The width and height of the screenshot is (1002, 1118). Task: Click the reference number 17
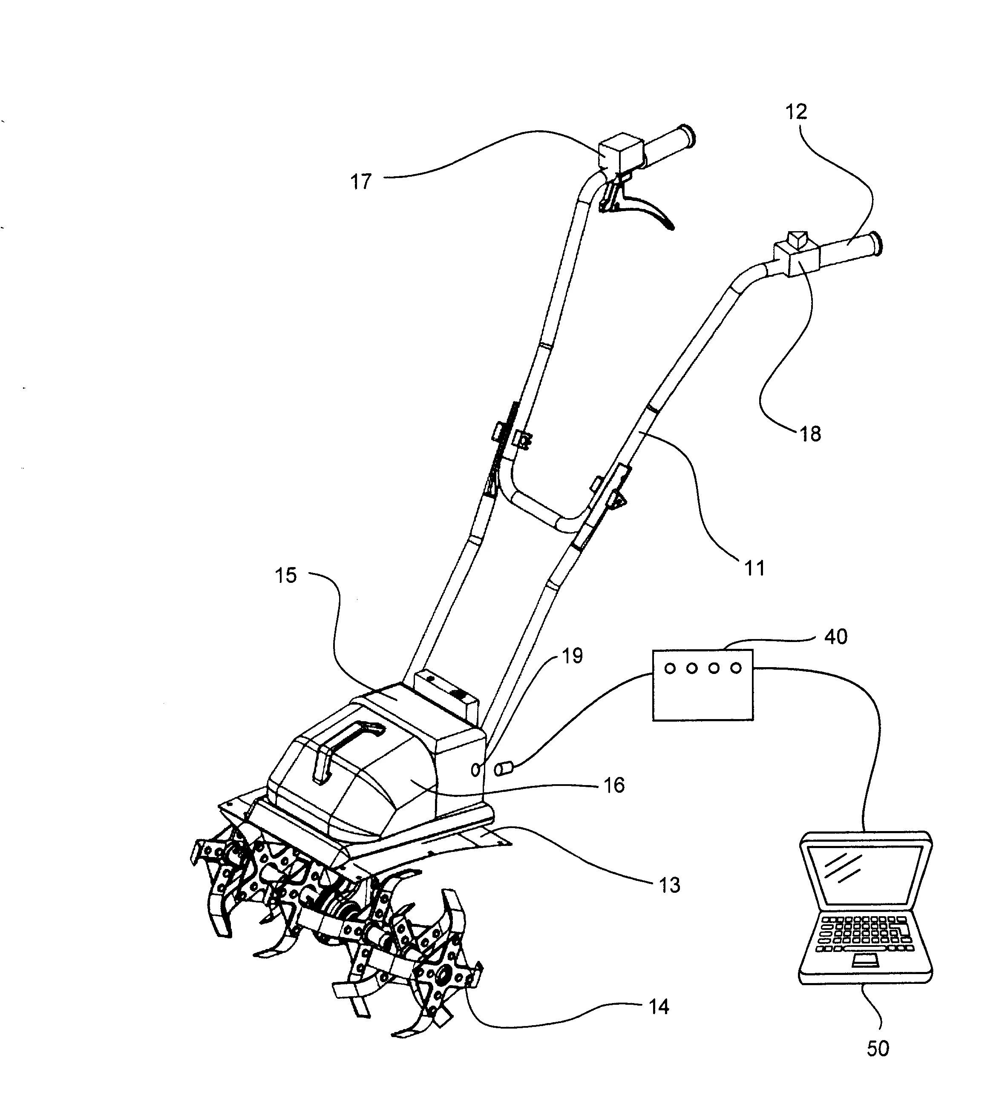coord(361,181)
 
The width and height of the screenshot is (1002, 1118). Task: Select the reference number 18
coord(810,434)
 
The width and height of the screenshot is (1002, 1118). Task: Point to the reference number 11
coord(754,568)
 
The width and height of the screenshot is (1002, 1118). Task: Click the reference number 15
coord(286,576)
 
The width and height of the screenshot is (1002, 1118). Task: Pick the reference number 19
coord(572,655)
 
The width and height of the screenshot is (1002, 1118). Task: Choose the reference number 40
coord(836,636)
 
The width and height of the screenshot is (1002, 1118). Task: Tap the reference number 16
coord(614,785)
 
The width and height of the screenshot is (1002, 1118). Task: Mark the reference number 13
coord(669,885)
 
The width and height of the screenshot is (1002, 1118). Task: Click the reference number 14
coord(659,1007)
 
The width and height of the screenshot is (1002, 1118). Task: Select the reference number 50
coord(878,1049)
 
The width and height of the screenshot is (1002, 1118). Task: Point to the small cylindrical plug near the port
coord(504,768)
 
